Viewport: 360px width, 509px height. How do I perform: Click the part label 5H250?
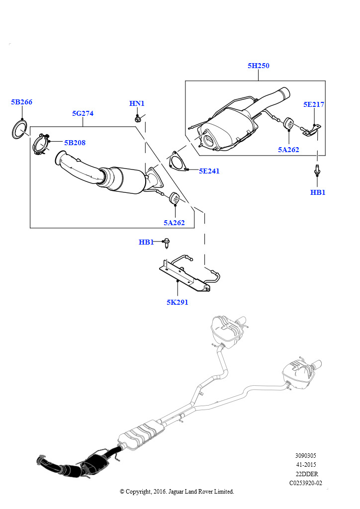259,66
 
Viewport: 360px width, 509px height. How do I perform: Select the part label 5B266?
22,102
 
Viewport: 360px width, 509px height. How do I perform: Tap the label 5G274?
83,113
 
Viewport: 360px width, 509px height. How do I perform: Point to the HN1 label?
137,103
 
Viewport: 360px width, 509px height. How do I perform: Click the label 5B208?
75,143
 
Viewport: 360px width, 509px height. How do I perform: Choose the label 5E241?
209,171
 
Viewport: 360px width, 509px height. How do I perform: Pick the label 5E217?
314,104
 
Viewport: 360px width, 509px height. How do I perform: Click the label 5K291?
177,302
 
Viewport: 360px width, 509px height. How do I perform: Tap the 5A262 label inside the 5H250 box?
288,150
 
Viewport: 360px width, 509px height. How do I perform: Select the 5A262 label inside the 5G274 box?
174,223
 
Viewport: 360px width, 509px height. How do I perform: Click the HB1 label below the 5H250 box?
318,192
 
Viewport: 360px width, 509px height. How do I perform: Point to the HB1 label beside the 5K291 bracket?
146,242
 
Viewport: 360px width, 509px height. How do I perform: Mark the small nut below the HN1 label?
138,119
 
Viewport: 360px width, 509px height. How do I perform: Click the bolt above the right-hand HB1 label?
317,170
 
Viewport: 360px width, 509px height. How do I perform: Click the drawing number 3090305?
305,456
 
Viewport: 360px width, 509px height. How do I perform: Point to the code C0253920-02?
306,483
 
